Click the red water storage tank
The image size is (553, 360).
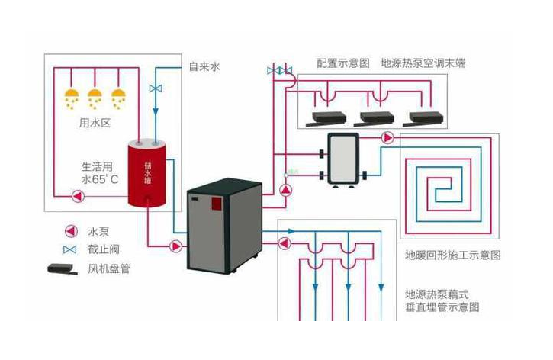point(146,173)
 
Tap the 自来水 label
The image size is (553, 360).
point(204,66)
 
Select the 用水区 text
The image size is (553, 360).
point(95,123)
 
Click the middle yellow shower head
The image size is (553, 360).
point(95,98)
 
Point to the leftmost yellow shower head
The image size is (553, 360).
point(72,98)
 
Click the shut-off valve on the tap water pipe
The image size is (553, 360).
point(156,88)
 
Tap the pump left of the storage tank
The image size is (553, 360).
point(78,196)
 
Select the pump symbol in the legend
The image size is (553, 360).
point(71,231)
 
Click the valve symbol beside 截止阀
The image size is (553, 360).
point(70,249)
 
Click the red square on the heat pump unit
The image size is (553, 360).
point(216,204)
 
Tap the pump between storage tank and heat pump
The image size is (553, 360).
point(175,246)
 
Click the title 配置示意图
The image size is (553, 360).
point(342,63)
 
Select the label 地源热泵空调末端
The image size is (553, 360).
point(423,63)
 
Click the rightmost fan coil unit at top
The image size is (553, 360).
point(423,119)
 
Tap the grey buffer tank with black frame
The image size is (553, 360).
point(342,159)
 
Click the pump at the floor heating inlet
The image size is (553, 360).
point(387,138)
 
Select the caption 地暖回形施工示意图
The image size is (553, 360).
point(453,255)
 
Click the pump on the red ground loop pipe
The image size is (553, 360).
point(285,243)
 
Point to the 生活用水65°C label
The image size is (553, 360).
point(99,173)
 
